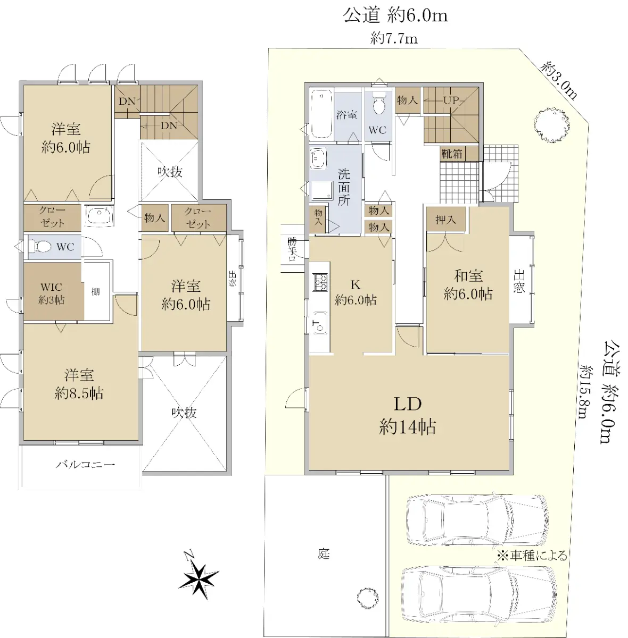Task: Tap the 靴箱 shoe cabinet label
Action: [452, 154]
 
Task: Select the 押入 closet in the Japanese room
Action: [446, 219]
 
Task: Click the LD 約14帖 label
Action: [408, 416]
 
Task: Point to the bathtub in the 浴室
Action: [321, 114]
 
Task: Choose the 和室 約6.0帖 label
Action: [468, 285]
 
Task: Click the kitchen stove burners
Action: [320, 282]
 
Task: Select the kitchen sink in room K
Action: [320, 323]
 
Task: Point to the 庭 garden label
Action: [324, 554]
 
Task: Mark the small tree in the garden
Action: [368, 598]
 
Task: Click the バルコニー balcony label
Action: [85, 465]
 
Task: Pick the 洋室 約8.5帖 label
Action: [79, 384]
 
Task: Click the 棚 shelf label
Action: [96, 292]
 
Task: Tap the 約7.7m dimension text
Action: [394, 39]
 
